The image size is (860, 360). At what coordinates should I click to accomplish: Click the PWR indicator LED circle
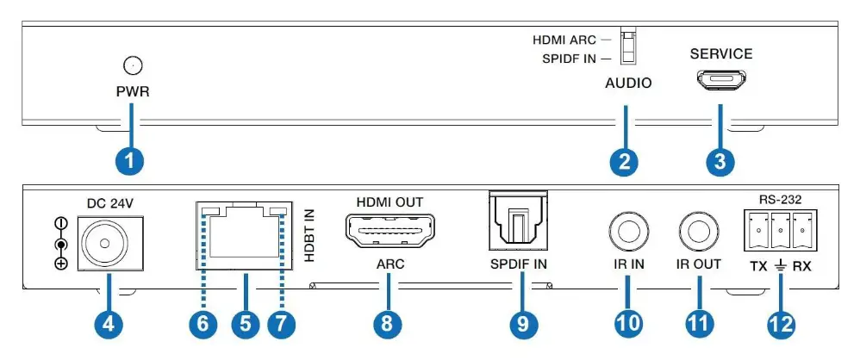point(132,65)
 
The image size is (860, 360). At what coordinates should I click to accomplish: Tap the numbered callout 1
point(131,159)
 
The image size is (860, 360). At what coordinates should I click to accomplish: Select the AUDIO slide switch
point(628,48)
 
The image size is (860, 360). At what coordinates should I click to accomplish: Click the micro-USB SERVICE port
point(721,81)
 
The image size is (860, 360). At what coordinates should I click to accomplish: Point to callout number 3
point(721,159)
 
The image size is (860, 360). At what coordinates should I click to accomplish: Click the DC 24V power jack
point(110,233)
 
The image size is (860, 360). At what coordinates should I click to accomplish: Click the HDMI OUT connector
point(385,233)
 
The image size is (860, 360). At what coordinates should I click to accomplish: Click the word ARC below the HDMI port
point(385,264)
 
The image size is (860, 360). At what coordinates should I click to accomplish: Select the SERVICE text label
point(721,53)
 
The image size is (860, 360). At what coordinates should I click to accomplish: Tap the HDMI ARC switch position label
point(565,39)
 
